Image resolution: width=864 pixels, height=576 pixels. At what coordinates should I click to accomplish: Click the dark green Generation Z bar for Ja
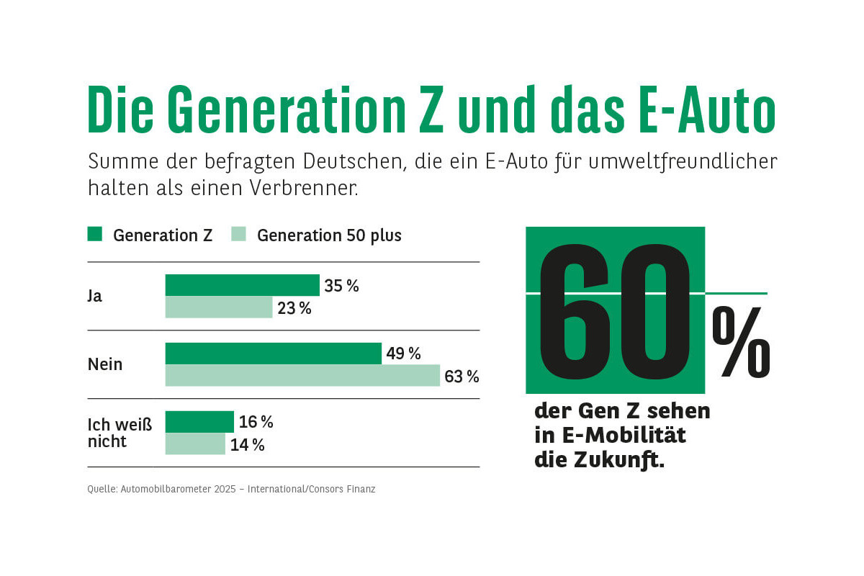click(242, 285)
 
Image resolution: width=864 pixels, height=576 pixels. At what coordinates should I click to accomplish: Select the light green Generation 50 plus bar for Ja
click(219, 307)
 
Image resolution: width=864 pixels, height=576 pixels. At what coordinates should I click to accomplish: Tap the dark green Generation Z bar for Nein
click(274, 354)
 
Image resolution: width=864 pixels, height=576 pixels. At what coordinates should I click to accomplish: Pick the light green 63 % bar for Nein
click(302, 375)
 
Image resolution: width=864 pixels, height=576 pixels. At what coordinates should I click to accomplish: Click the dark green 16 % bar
click(199, 422)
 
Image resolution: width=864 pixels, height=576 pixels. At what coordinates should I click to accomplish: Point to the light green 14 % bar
click(195, 444)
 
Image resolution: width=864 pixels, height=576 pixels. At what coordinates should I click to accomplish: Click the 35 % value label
click(341, 286)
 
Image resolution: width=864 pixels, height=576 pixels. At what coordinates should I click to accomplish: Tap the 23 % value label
click(294, 308)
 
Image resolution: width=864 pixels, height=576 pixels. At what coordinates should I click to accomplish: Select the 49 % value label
click(403, 354)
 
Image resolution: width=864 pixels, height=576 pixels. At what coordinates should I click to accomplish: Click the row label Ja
click(95, 296)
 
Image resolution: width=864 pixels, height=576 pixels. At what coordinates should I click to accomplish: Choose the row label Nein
click(105, 364)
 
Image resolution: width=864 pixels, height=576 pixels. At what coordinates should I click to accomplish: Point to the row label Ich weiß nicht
click(120, 432)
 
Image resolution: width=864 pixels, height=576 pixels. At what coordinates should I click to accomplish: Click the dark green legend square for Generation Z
click(95, 234)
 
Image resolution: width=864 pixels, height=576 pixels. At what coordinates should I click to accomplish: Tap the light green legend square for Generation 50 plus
click(238, 234)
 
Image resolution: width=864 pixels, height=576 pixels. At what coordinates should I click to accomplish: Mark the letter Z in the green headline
click(432, 109)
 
